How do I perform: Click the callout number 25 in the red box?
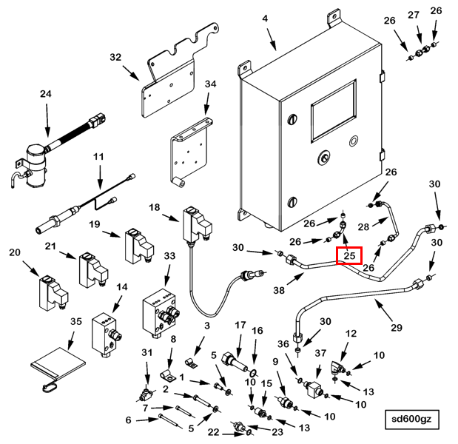(350, 256)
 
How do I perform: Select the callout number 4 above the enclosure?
(264, 18)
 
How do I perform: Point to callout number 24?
(46, 94)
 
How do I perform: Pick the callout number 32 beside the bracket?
(115, 57)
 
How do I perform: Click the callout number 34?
(210, 84)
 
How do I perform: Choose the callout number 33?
(169, 256)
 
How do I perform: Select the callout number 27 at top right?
(414, 15)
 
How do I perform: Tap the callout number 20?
(15, 253)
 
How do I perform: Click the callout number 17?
(240, 325)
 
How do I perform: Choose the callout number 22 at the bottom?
(213, 431)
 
